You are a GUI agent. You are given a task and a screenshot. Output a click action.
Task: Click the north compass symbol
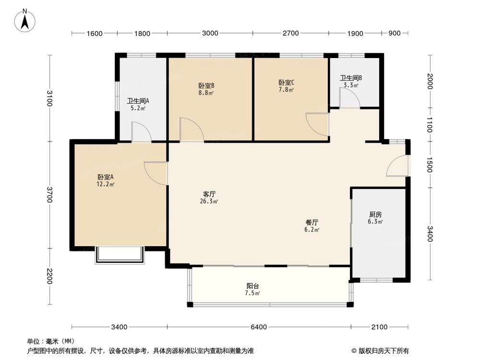(x=25, y=21)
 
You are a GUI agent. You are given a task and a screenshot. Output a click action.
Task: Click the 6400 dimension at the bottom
(x=258, y=327)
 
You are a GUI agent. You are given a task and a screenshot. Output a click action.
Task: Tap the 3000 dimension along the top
(x=210, y=33)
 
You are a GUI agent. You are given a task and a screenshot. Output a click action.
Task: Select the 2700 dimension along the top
(x=291, y=33)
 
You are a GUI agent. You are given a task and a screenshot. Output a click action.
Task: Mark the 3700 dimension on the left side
(x=49, y=194)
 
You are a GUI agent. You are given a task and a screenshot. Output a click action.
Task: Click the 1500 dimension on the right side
(x=429, y=165)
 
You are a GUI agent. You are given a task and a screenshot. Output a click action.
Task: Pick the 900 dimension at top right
(x=394, y=33)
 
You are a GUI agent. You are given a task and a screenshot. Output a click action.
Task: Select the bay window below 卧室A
(x=120, y=255)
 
